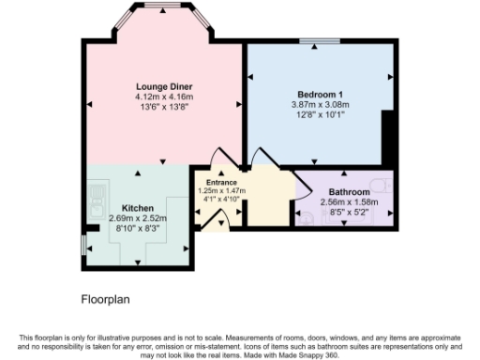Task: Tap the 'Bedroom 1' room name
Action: pyautogui.click(x=321, y=96)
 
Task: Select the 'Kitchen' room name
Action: pyautogui.click(x=138, y=208)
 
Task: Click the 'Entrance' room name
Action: pyautogui.click(x=222, y=182)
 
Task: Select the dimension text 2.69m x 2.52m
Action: pyautogui.click(x=138, y=217)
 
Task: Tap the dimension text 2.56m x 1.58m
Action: pyautogui.click(x=348, y=202)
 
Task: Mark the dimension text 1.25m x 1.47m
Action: pyautogui.click(x=222, y=190)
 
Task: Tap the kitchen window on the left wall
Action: pyautogui.click(x=83, y=244)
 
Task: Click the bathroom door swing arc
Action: pyautogui.click(x=302, y=188)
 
